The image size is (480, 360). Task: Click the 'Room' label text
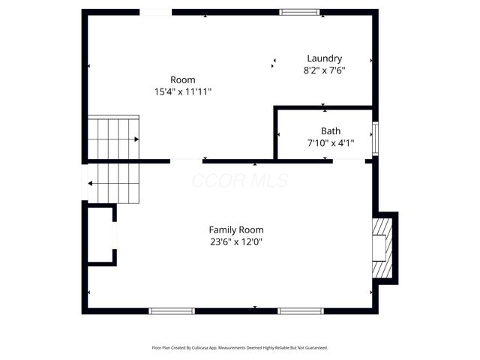pos(182,79)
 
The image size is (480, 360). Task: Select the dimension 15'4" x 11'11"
pos(183,91)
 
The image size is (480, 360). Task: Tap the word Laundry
pos(325,58)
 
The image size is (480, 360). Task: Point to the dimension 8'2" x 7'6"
pos(324,70)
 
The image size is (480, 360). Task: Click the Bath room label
pos(331,131)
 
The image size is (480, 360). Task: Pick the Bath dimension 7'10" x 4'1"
pos(331,142)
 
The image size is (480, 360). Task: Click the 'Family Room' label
pos(236,229)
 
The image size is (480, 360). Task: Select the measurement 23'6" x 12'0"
pos(236,241)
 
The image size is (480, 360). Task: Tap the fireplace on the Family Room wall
pos(382,247)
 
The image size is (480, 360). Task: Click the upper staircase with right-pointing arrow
pos(113,138)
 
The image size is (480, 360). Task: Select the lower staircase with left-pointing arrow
pos(113,183)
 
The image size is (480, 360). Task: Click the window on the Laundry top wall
pos(299,12)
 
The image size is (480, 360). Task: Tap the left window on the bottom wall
pos(172,310)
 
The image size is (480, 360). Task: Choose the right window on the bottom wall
pos(301,310)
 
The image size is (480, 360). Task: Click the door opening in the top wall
pos(156,12)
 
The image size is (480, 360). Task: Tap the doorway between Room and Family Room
pos(186,160)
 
